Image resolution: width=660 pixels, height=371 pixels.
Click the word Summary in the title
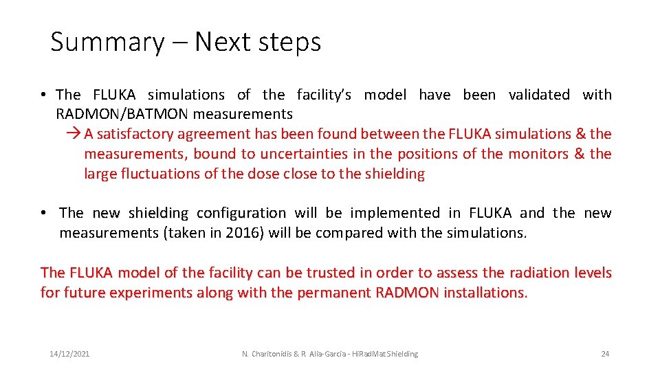tap(107, 43)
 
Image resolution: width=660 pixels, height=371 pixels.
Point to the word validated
tap(539, 95)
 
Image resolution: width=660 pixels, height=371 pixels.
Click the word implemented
tap(395, 213)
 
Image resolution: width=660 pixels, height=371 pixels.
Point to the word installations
tap(485, 293)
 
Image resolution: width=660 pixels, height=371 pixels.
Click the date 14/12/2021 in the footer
tap(69, 354)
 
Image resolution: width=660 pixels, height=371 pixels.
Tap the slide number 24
tap(605, 354)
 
